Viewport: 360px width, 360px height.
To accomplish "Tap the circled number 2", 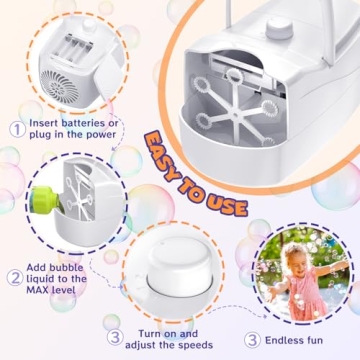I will (x=16, y=278).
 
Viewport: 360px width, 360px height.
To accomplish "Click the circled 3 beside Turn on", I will (x=115, y=337).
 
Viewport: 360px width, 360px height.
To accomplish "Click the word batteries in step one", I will (x=91, y=123).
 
